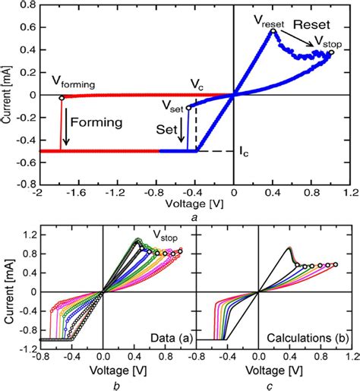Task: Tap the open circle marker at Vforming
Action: point(61,98)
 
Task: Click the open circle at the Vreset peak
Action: point(273,31)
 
